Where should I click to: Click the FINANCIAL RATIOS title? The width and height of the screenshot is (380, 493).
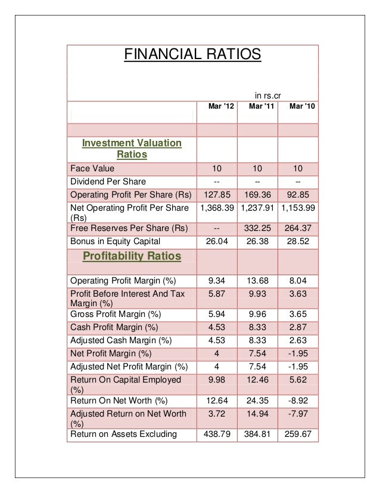[x=192, y=56]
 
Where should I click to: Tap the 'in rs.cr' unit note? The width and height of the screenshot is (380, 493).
[x=267, y=94]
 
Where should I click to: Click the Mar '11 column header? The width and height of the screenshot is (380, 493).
[x=258, y=106]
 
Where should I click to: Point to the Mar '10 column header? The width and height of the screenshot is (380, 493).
[x=298, y=106]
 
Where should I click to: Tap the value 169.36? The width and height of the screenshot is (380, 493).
[x=257, y=195]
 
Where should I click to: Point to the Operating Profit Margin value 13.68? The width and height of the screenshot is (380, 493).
[x=257, y=281]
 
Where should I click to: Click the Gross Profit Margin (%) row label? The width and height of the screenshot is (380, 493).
[x=116, y=314]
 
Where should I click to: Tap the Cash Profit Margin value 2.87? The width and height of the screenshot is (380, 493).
[x=298, y=326]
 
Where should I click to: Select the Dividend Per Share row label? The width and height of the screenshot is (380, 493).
[x=108, y=181]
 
